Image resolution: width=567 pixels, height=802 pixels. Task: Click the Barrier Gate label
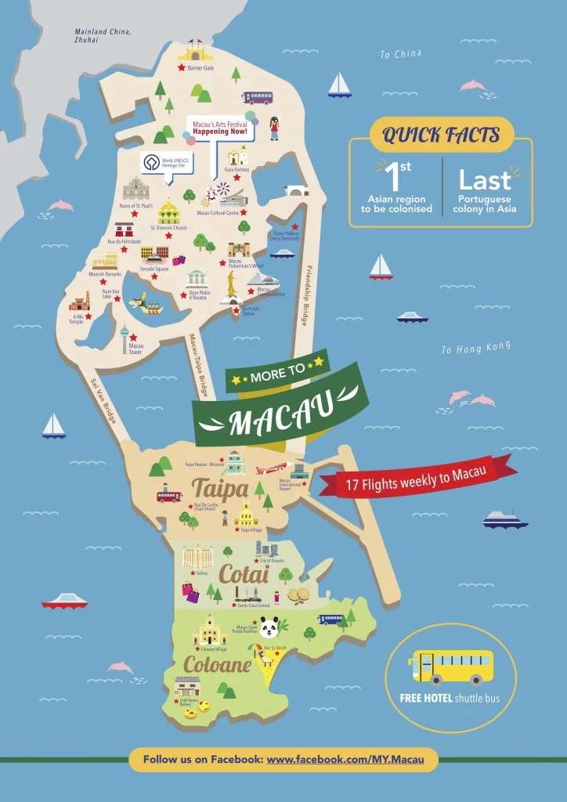click(x=200, y=68)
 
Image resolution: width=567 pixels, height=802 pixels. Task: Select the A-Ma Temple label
click(x=76, y=319)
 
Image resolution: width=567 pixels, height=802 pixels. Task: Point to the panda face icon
click(x=270, y=627)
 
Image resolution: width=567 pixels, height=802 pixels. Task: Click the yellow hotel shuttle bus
click(x=450, y=667)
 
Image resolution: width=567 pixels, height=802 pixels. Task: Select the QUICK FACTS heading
click(x=441, y=135)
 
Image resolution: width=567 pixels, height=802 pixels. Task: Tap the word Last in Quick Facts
click(x=485, y=181)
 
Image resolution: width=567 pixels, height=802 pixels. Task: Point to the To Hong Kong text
click(x=475, y=348)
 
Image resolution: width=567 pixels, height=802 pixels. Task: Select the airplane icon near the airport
click(x=269, y=469)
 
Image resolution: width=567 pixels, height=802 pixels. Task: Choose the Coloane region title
click(x=217, y=665)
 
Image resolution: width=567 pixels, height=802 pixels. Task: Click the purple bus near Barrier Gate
click(x=258, y=97)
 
